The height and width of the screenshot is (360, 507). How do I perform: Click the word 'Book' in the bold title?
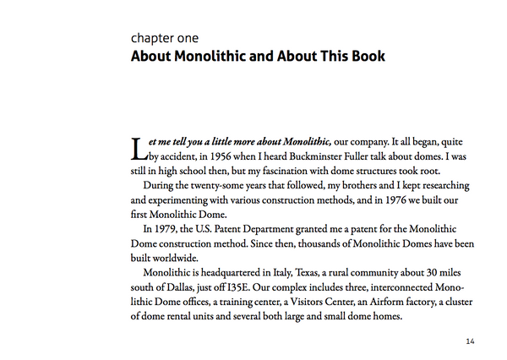pyautogui.click(x=364, y=57)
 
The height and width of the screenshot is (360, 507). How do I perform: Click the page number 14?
pyautogui.click(x=471, y=341)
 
